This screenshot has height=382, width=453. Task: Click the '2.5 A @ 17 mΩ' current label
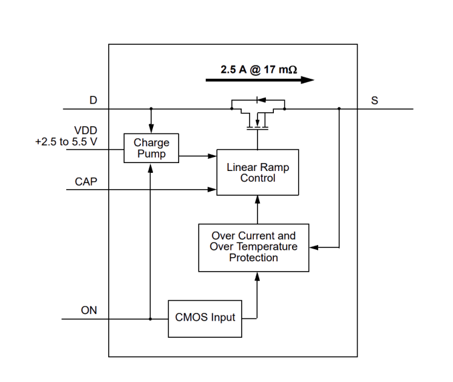click(x=258, y=70)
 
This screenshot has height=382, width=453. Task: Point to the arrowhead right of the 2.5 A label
click(x=308, y=79)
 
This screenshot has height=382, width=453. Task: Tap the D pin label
click(x=93, y=102)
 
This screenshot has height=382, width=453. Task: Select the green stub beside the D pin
click(x=102, y=106)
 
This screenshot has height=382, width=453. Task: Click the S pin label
click(x=375, y=101)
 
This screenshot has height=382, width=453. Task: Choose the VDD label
click(x=86, y=132)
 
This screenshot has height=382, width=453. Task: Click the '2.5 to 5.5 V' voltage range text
click(x=67, y=143)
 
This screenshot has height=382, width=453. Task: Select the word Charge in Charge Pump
click(x=151, y=144)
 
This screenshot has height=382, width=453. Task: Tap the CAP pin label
click(x=86, y=182)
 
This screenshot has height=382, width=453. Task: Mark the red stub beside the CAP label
click(x=102, y=185)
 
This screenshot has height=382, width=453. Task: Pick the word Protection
click(x=254, y=258)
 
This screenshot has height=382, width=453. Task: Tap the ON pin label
click(x=89, y=312)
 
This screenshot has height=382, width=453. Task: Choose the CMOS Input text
click(x=205, y=317)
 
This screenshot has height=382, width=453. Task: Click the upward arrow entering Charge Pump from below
click(x=150, y=176)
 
